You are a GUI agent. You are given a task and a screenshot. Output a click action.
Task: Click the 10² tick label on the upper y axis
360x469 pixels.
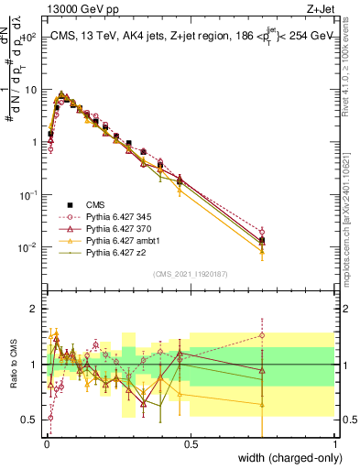(29, 37)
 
